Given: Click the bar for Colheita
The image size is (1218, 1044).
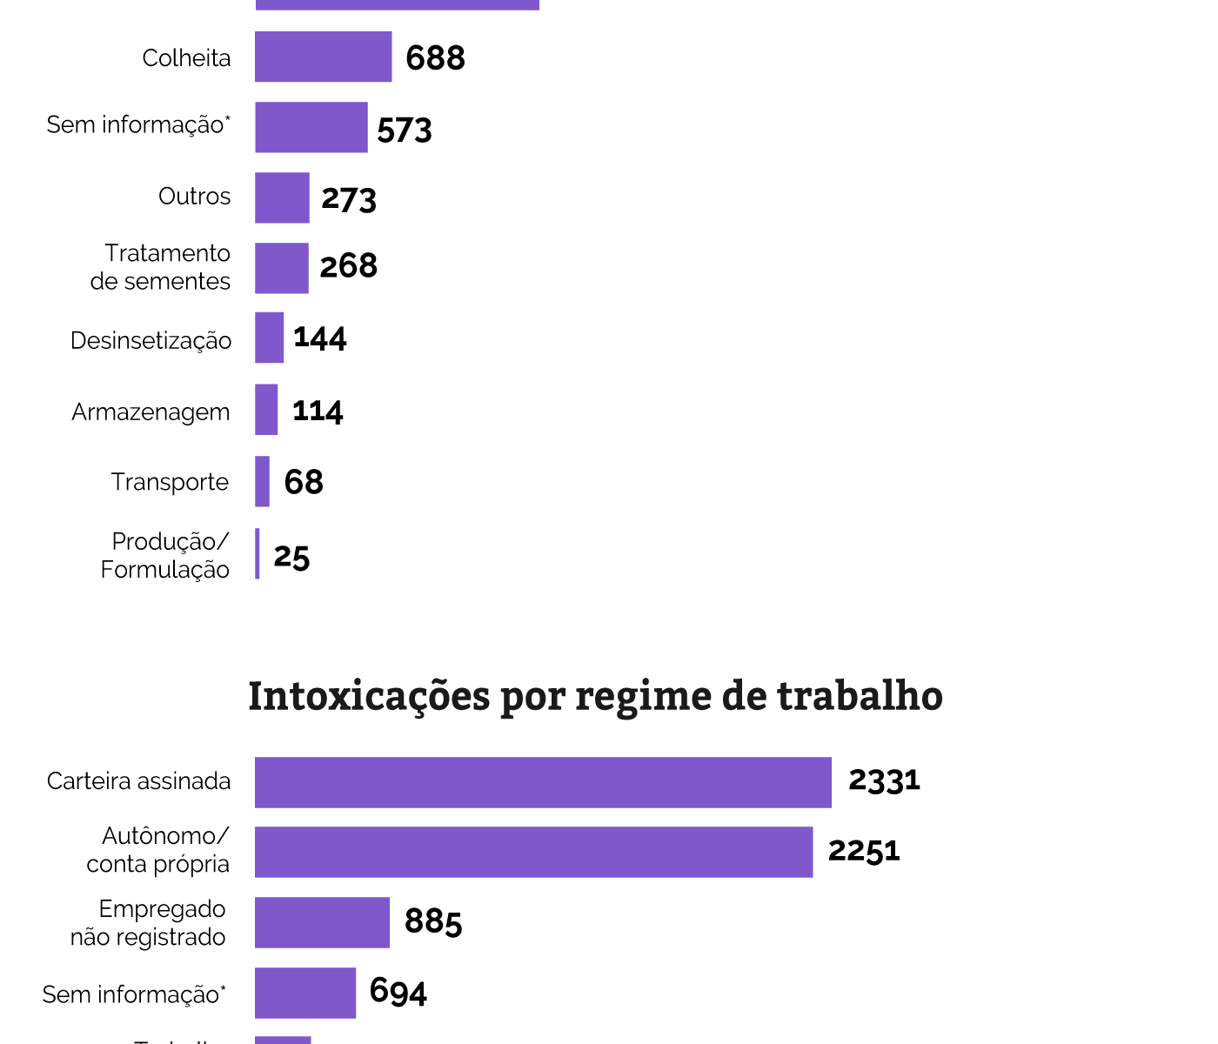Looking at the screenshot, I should pos(323,57).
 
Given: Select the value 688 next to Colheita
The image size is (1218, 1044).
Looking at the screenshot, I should pos(435,58).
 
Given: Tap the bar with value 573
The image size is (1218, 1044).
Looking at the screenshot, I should pos(311,127).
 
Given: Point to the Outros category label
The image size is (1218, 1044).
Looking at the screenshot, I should pos(194,197).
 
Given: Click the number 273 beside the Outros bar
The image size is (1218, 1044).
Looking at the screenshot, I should pos(349,199).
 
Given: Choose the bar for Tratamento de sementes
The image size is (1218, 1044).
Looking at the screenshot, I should pos(281,268).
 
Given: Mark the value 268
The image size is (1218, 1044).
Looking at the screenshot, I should pos(348,266).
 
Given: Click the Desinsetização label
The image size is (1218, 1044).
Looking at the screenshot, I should pos(151,340).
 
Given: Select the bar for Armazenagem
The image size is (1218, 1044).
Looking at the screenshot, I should pos(266,410).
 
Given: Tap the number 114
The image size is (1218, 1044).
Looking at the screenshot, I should pos(318,411).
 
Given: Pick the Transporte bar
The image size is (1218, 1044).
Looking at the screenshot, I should pos(262,481).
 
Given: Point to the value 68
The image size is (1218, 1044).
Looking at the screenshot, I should pos(304,482).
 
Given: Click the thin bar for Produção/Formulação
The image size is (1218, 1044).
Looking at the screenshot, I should pos(258,553).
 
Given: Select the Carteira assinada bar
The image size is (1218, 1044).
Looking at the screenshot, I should pos(543,782).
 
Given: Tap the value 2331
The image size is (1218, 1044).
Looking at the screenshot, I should pos(884,780).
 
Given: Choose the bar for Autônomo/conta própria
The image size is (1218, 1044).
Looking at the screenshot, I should pos(533,852).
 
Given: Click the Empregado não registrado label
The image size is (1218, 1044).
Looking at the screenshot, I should pos(149,923).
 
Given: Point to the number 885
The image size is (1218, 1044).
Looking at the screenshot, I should pos(433,921).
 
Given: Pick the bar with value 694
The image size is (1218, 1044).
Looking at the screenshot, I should pos(305,993).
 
